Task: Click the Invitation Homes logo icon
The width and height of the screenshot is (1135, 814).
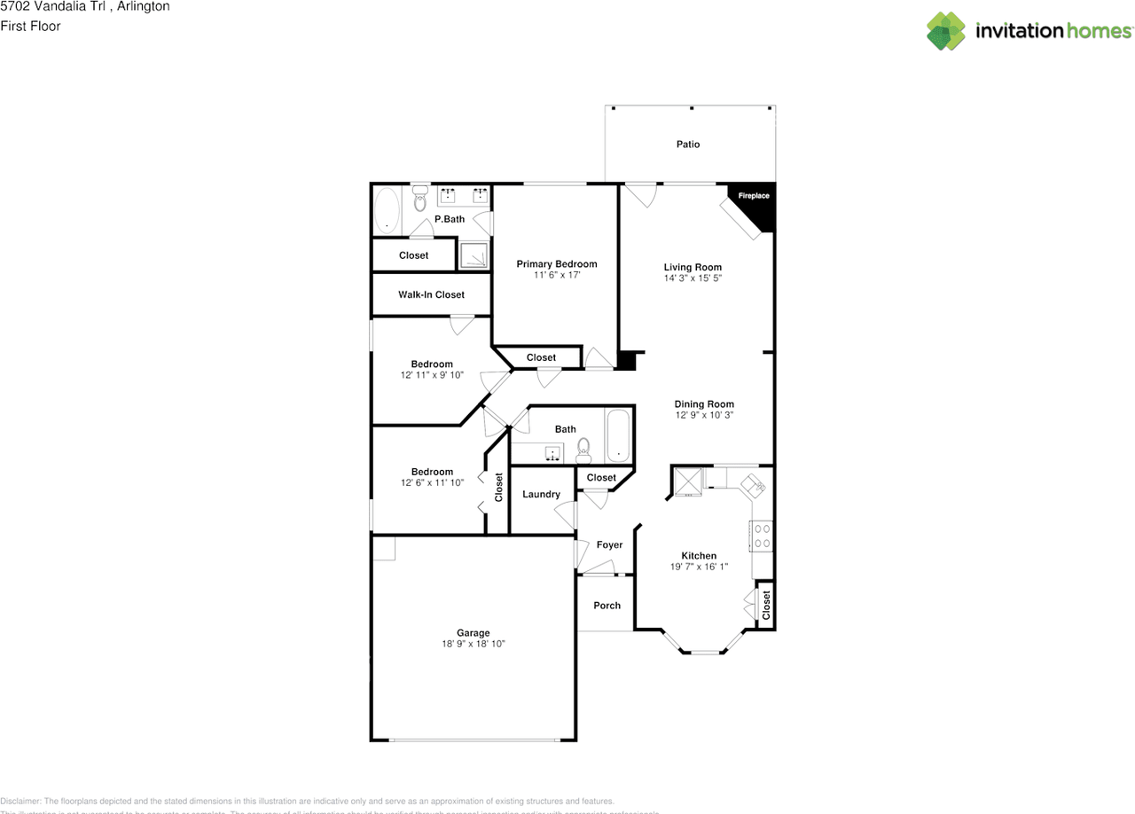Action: (x=946, y=31)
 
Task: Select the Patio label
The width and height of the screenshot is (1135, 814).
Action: (x=688, y=145)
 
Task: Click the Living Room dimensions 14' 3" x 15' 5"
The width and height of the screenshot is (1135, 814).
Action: (x=693, y=278)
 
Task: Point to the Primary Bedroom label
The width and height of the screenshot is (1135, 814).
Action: (x=556, y=264)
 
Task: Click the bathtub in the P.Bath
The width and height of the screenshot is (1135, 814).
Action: (x=387, y=212)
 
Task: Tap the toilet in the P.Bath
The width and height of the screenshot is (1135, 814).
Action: (x=420, y=200)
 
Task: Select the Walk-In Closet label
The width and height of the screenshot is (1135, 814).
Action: (x=431, y=295)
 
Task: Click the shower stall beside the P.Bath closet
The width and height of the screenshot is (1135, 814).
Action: (x=474, y=255)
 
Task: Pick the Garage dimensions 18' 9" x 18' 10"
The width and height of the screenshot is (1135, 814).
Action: (x=473, y=645)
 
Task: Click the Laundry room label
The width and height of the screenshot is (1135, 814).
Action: (x=541, y=495)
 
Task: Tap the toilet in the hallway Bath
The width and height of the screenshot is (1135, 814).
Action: (x=583, y=450)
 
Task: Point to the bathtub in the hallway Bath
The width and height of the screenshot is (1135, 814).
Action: (x=618, y=436)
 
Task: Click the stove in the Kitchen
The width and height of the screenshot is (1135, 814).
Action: (x=761, y=535)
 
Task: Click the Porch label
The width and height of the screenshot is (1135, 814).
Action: (x=607, y=606)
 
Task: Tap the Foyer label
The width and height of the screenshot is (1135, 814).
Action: (x=609, y=545)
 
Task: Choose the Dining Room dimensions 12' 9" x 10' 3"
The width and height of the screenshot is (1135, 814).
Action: (x=704, y=415)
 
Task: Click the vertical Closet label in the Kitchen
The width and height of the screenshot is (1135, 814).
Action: (x=766, y=606)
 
